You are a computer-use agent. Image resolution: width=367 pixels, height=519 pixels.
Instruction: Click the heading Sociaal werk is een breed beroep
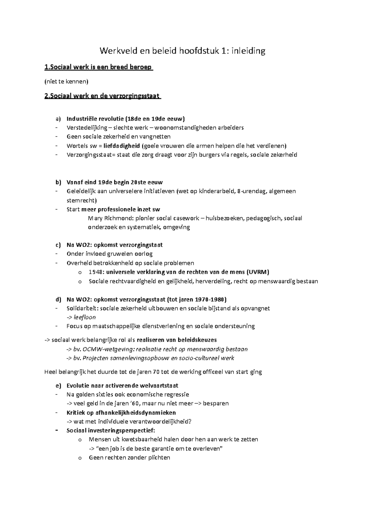(x=98, y=67)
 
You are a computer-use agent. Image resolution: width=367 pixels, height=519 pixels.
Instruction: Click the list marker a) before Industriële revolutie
(x=58, y=119)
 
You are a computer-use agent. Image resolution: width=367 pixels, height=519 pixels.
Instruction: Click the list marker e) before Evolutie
(x=58, y=386)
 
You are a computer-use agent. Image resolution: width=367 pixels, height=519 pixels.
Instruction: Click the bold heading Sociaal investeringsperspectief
(x=111, y=431)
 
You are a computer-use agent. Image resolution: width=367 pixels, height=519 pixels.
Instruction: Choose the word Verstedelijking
(x=87, y=128)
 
